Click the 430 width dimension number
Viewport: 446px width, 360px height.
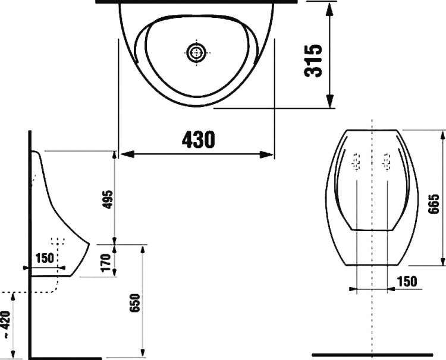[199, 140]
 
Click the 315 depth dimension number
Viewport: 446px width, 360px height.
[313, 61]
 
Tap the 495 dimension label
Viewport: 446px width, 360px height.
[108, 200]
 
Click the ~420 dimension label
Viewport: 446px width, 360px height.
[6, 324]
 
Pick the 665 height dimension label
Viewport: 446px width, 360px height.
[435, 204]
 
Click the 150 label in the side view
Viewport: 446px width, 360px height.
[45, 258]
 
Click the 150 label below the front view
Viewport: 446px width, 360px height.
[407, 282]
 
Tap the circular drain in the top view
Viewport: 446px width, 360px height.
[196, 52]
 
